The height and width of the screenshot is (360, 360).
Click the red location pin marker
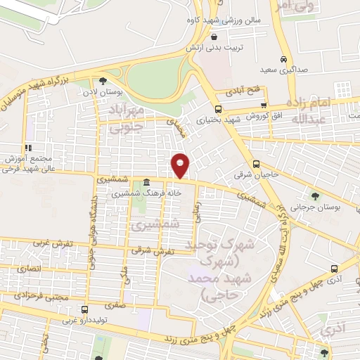(180, 165)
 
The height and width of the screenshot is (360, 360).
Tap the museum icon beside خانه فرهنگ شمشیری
(146, 181)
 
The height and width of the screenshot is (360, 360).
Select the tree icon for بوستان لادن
(104, 81)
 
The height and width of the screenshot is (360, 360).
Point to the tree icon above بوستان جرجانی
(314, 195)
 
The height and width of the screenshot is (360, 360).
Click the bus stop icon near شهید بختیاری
(218, 109)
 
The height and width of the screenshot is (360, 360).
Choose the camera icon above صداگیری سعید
(283, 59)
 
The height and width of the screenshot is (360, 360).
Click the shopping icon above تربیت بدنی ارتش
(214, 37)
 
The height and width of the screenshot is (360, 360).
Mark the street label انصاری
(32, 269)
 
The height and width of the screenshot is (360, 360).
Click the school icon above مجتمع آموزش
(28, 148)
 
